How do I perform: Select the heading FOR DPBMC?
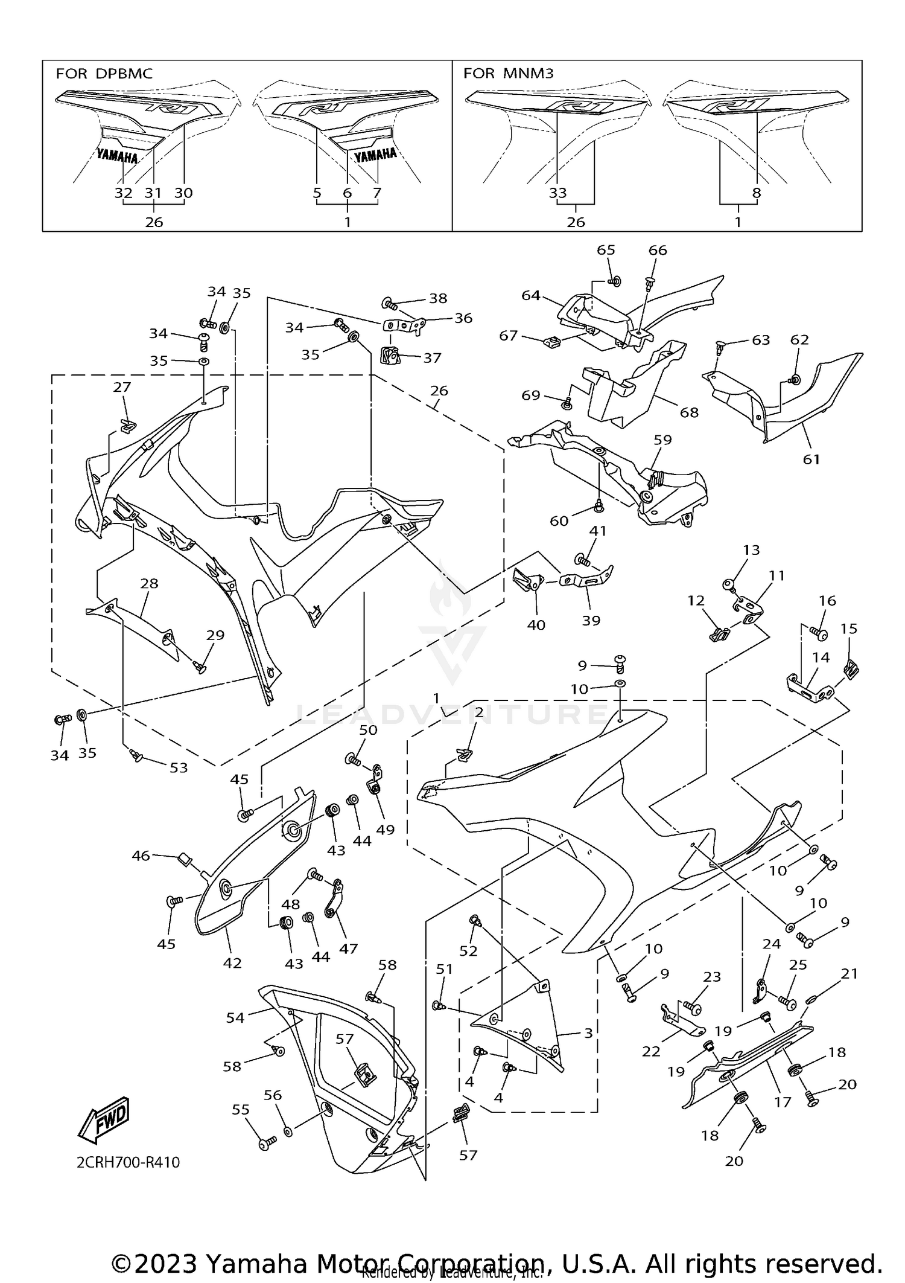click(x=104, y=74)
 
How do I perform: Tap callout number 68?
click(x=689, y=412)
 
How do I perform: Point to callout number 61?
click(x=811, y=459)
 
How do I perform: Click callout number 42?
click(x=232, y=963)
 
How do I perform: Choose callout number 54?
click(x=235, y=1018)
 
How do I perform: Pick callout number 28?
click(x=149, y=584)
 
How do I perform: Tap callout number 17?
click(x=783, y=1102)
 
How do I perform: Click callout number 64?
click(x=531, y=296)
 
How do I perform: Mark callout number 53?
click(x=179, y=768)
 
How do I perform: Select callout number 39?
click(x=591, y=620)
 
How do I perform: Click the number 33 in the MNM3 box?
click(x=558, y=193)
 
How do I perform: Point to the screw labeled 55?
click(x=267, y=1142)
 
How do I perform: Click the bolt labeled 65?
click(x=614, y=281)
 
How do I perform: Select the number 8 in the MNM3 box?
click(x=757, y=193)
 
